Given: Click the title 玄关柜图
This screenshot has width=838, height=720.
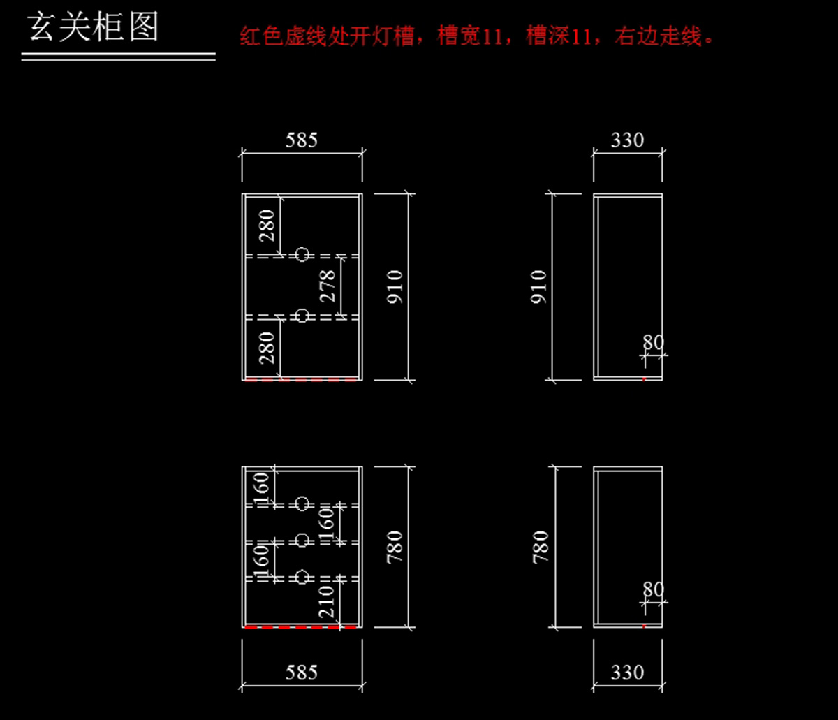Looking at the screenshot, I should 94,28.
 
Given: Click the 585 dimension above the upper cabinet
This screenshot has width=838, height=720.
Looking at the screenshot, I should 302,140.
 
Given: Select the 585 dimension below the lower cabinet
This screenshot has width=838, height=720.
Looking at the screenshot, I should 302,673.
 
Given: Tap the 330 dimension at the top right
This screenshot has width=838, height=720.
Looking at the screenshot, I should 627,140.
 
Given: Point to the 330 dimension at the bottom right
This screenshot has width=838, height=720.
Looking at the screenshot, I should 627,673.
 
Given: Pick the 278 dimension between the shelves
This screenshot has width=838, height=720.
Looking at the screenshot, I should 328,286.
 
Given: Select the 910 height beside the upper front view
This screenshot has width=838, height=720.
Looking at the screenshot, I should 395,286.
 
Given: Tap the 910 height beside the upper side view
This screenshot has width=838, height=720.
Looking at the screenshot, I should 540,286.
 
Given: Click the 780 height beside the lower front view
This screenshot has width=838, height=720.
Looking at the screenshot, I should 395,547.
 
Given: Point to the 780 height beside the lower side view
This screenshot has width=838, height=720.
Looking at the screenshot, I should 542,547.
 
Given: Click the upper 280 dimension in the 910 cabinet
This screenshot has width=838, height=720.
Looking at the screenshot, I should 267,225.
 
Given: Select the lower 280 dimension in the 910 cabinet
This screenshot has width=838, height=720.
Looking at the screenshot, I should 267,347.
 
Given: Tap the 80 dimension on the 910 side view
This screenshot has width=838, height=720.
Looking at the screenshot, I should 654,343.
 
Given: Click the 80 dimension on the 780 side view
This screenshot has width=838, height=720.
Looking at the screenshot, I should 654,589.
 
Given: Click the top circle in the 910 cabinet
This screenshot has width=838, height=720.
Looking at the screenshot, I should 302,255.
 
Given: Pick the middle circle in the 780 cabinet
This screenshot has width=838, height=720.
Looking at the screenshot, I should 302,540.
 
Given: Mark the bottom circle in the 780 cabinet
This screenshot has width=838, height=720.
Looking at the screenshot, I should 302,577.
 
